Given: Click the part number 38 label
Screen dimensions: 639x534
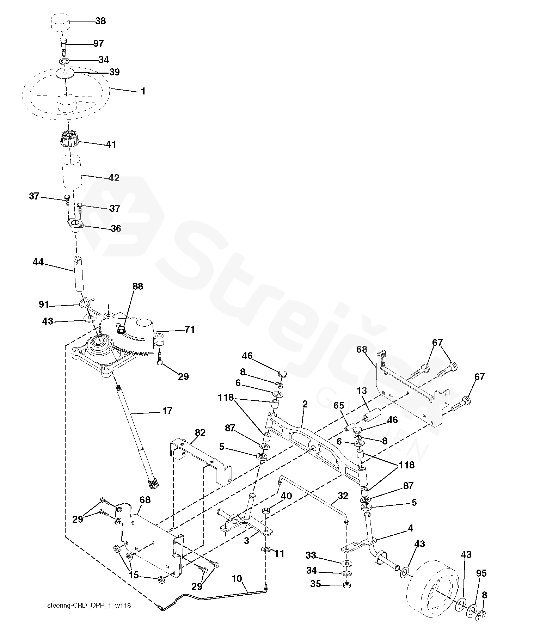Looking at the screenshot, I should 100,21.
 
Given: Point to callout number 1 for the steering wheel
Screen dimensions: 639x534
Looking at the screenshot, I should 143,91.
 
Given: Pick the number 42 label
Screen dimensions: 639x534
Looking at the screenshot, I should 113,178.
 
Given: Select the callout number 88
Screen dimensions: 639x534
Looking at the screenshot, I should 138,286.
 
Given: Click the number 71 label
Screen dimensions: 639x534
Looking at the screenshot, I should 189,330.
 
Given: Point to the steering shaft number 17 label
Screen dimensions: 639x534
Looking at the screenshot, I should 167,411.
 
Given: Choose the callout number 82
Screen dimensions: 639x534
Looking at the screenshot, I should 200,433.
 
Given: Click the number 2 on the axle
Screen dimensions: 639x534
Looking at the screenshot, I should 305,404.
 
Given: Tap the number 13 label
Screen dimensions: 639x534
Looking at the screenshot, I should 362,391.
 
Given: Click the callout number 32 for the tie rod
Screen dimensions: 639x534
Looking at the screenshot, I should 343,496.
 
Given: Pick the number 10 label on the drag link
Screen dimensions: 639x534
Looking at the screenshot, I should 237,578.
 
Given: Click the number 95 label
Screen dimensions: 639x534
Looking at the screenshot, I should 481,573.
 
